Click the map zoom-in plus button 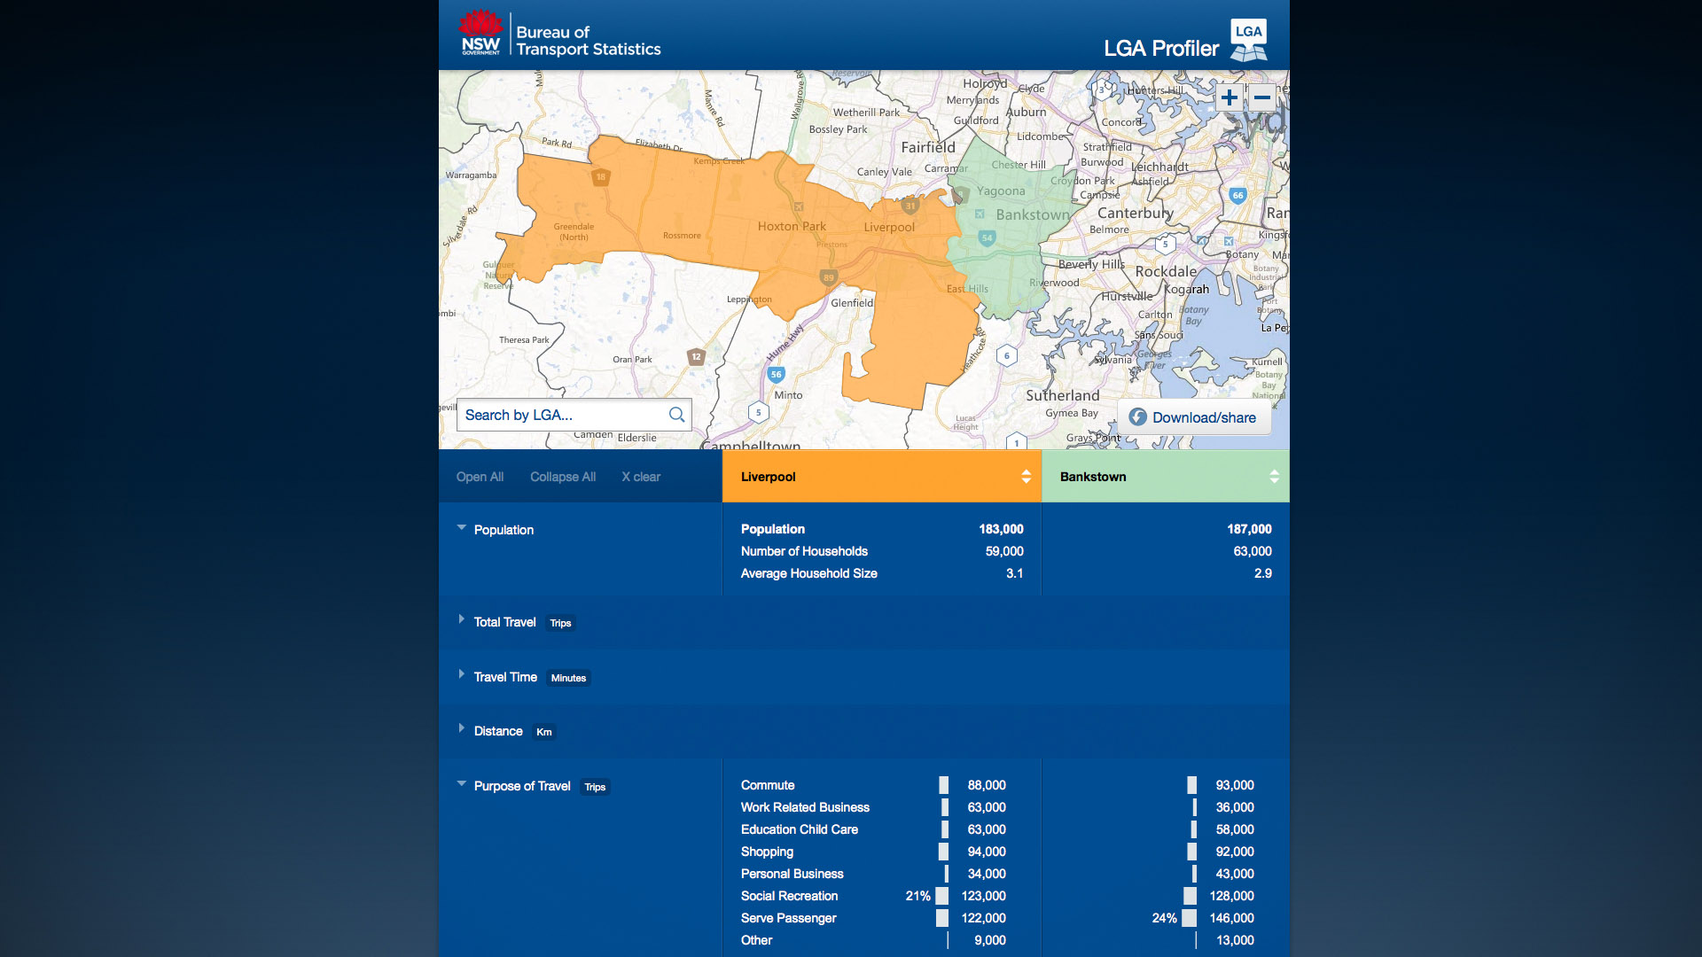pyautogui.click(x=1229, y=97)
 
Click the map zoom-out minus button pyautogui.click(x=1262, y=97)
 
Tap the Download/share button pyautogui.click(x=1193, y=417)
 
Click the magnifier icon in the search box pyautogui.click(x=676, y=415)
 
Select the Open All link pyautogui.click(x=480, y=477)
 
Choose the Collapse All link pyautogui.click(x=563, y=477)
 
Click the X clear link pyautogui.click(x=641, y=477)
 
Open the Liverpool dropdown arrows pyautogui.click(x=1026, y=477)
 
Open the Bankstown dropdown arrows pyautogui.click(x=1274, y=477)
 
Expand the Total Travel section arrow pyautogui.click(x=462, y=619)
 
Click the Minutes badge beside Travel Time pyautogui.click(x=568, y=678)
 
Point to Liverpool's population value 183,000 pyautogui.click(x=1001, y=529)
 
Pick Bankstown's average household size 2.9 pyautogui.click(x=1262, y=573)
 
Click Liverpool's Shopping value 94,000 pyautogui.click(x=986, y=852)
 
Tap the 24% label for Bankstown pyautogui.click(x=1164, y=918)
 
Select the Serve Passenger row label pyautogui.click(x=788, y=918)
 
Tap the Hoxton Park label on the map pyautogui.click(x=792, y=227)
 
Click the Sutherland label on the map pyautogui.click(x=1062, y=395)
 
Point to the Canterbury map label pyautogui.click(x=1135, y=213)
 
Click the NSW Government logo pyautogui.click(x=480, y=34)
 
